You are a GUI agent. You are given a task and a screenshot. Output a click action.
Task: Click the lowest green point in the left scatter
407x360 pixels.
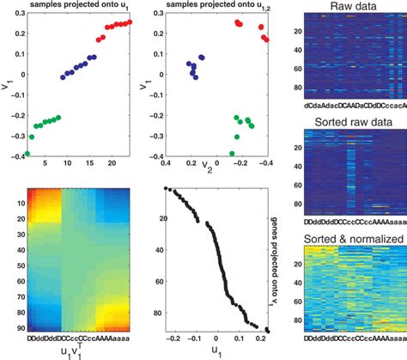(x=27, y=154)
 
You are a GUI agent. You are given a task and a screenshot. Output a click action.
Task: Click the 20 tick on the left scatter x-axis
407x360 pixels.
(x=111, y=164)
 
